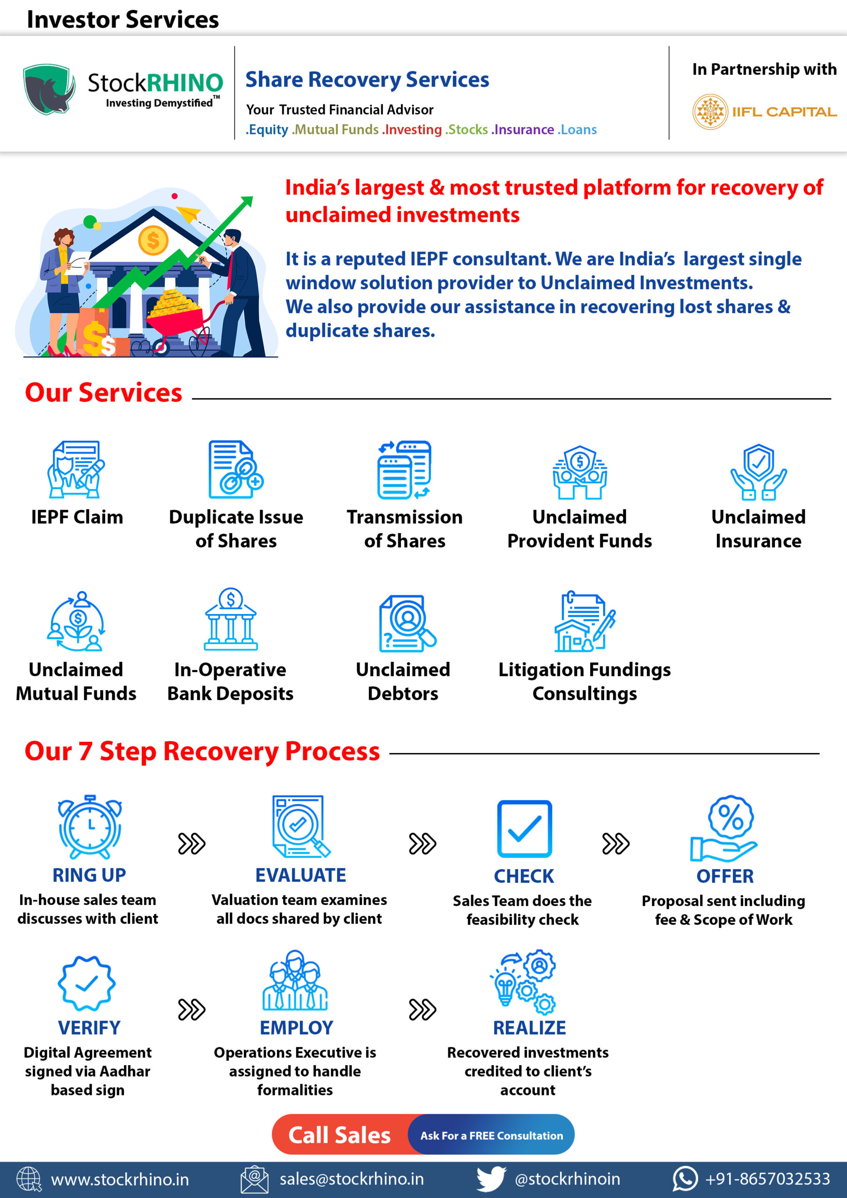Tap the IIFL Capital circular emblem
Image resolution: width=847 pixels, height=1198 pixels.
710,112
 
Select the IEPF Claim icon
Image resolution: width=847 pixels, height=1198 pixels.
76,469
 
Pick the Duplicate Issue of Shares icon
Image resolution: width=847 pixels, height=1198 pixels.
236,469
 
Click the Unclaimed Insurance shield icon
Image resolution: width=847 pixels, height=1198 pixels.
758,472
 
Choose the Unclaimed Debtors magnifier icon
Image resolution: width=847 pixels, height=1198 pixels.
407,623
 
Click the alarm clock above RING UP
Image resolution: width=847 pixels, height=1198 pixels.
90,827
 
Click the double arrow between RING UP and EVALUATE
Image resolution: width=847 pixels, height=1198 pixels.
191,844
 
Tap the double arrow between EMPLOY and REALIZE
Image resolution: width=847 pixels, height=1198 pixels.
422,1009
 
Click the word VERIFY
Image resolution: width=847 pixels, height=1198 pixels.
89,1028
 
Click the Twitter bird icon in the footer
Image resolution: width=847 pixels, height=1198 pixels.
491,1179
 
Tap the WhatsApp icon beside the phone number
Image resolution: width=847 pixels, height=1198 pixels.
685,1179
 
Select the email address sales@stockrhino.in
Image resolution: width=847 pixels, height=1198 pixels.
352,1179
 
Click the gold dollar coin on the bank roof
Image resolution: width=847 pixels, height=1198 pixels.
153,241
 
